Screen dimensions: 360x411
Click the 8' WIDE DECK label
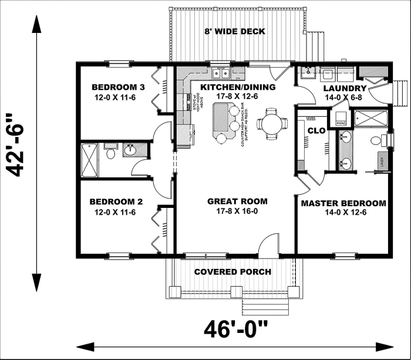point(235,31)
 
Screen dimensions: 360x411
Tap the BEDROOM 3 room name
point(114,86)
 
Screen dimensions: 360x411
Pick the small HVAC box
point(342,122)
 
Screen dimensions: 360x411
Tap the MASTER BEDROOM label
point(343,204)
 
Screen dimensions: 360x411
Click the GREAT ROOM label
point(234,201)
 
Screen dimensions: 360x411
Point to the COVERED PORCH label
point(233,272)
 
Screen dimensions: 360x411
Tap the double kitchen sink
point(221,73)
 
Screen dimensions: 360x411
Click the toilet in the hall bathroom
point(110,152)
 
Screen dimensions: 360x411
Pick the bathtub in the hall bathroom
point(90,159)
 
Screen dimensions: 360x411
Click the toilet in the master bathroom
point(382,140)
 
